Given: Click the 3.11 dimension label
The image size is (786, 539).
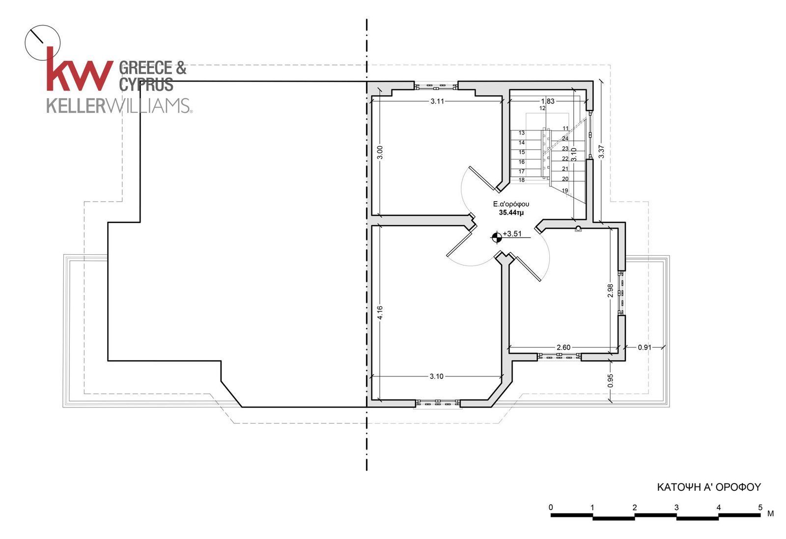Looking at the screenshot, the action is tap(437, 101).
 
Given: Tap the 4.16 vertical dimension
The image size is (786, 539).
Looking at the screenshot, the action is tap(380, 313).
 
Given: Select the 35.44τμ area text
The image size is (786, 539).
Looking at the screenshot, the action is tap(511, 213).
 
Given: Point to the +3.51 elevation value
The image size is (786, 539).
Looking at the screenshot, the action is tap(512, 234).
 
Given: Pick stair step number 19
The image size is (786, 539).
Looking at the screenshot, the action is tap(565, 191).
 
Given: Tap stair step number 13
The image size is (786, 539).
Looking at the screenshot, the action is tap(522, 133).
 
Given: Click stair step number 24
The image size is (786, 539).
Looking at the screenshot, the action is tap(565, 138).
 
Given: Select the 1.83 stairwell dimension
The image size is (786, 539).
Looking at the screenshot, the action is tap(548, 101).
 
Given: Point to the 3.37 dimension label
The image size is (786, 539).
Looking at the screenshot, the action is tap(601, 152).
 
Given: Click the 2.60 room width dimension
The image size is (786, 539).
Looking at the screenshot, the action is tap(563, 348).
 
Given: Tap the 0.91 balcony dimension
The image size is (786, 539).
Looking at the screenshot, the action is tap(645, 348).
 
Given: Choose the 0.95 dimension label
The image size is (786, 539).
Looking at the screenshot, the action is tap(610, 381).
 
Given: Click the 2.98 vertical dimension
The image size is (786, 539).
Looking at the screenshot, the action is tap(610, 291).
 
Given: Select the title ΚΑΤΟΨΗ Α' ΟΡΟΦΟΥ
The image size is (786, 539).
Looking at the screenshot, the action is tap(709, 487).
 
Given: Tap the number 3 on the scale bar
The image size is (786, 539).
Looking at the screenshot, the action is tap(676, 508).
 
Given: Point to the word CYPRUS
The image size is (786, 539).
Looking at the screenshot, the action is tap(146, 84).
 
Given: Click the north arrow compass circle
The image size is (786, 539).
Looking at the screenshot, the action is tap(43, 43).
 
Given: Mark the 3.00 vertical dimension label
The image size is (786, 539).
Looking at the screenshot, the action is tap(380, 153).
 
